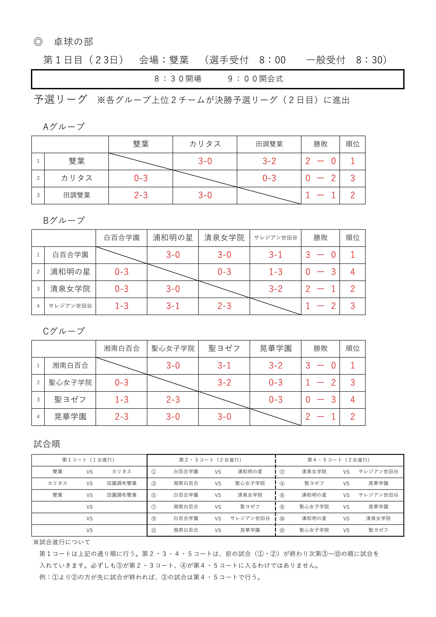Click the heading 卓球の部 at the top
coord(73,42)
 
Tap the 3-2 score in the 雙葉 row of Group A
coord(269,161)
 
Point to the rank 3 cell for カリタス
coord(352,178)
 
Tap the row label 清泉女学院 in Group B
coord(70,289)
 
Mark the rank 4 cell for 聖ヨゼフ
coord(352,400)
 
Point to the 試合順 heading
coord(47,444)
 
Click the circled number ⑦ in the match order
coord(154,507)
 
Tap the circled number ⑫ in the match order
coord(282,530)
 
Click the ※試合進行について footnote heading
coord(62,542)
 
